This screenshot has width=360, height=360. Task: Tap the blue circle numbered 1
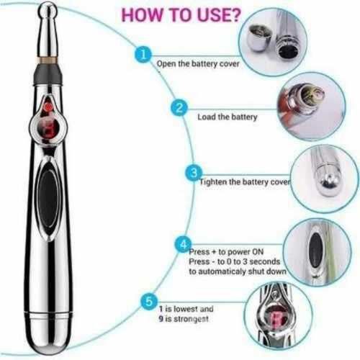tap(143, 54)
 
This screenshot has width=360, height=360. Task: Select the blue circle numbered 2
tap(179, 108)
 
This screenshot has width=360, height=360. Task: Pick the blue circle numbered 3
tap(194, 173)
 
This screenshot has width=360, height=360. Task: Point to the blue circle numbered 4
tap(183, 244)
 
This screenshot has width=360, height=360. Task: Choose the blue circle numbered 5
tap(149, 301)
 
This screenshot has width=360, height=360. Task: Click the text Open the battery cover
tap(198, 64)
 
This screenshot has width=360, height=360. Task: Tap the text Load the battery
tap(228, 117)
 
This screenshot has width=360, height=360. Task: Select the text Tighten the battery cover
tap(245, 182)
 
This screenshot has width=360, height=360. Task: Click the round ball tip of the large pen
tap(48, 12)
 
